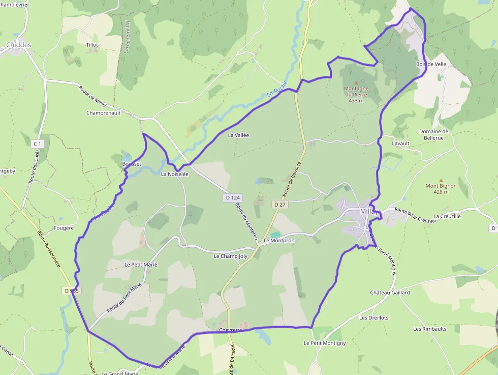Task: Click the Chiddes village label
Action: (x=18, y=45)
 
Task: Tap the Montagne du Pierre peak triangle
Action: (x=356, y=82)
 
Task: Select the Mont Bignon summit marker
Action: (x=441, y=180)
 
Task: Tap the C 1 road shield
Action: (x=37, y=144)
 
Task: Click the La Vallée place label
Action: (x=238, y=135)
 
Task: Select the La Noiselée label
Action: (x=174, y=174)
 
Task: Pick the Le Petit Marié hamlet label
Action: (x=141, y=265)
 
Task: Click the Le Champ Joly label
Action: (x=230, y=256)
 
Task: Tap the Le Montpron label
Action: (x=279, y=240)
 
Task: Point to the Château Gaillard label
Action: (x=390, y=293)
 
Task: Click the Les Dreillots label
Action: (x=373, y=318)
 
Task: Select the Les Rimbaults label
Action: (x=430, y=329)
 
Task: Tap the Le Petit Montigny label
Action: (x=325, y=343)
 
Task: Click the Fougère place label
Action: (x=64, y=228)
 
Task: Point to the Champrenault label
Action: (x=104, y=113)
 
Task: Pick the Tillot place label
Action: (x=92, y=45)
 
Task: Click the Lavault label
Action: (x=400, y=143)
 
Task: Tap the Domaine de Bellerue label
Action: (x=433, y=134)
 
